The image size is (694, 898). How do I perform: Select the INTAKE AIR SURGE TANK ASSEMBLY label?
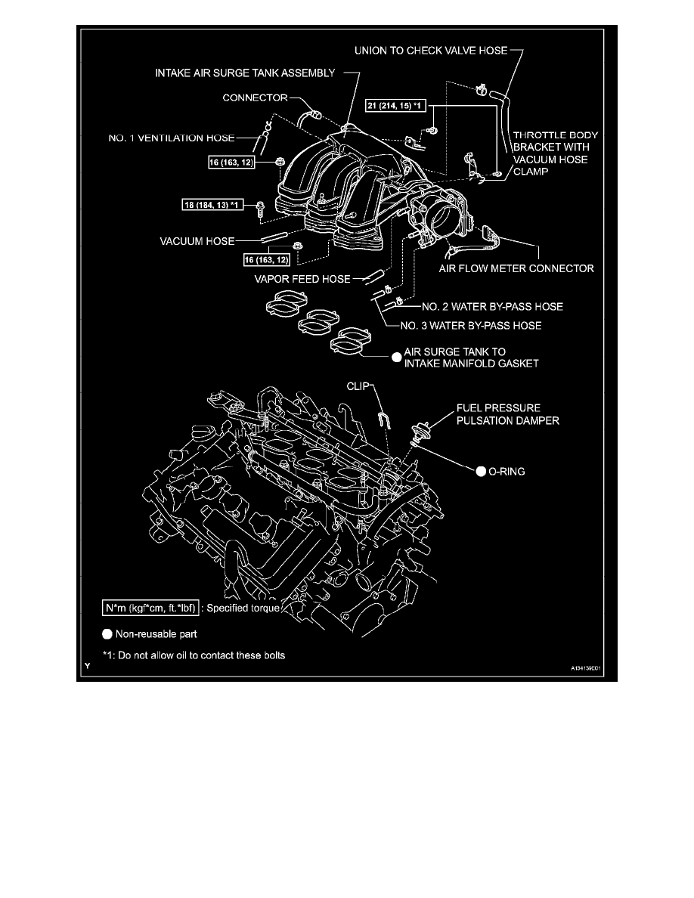tap(245, 73)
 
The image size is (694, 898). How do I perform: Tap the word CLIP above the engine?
tap(361, 385)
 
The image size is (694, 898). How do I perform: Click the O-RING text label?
tap(507, 471)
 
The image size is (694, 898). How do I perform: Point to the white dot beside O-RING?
tap(480, 471)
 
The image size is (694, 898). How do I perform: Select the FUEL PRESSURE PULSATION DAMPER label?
tap(507, 414)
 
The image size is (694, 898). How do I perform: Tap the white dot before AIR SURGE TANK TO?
tap(394, 358)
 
